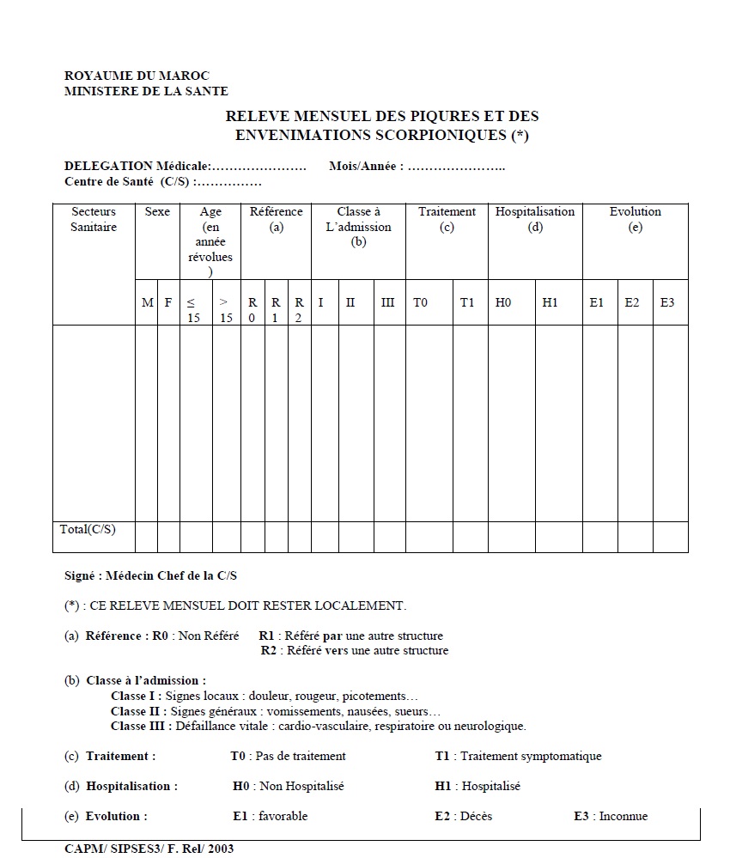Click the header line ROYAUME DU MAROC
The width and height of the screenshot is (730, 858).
pos(137,76)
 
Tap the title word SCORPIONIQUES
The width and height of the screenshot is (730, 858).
pos(447,135)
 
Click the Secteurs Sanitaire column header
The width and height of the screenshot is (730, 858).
pos(94,219)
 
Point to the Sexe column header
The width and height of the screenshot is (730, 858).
pos(157,211)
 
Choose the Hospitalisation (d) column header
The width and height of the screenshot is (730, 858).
pos(535,219)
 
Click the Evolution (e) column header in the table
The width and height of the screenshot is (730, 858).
pos(636,219)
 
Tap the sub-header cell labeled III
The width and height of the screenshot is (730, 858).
pos(388,302)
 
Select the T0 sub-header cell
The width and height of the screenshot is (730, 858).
pos(420,302)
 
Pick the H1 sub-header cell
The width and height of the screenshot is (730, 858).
pos(551,302)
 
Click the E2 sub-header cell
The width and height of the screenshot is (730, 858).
pos(632,302)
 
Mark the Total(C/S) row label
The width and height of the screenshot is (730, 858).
pos(88,529)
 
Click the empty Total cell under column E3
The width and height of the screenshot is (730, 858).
pos(670,537)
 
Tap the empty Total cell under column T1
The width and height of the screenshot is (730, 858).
pos(470,537)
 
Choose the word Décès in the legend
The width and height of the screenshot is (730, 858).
pos(477,816)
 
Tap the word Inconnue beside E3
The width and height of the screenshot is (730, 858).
pos(624,816)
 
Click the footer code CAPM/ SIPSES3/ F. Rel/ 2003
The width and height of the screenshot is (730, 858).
pos(149,849)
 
